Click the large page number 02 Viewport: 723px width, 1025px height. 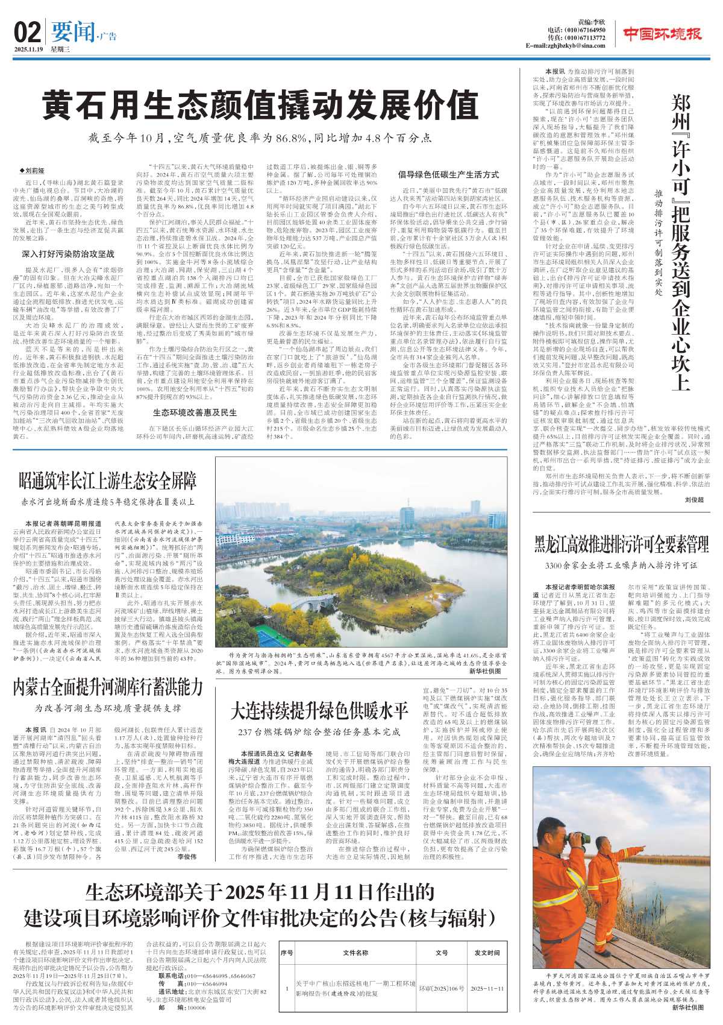pos(27,31)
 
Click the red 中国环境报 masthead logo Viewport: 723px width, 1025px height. pos(662,34)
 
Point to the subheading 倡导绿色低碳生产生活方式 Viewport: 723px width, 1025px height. pos(448,175)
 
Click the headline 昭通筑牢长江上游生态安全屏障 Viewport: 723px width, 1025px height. pos(108,481)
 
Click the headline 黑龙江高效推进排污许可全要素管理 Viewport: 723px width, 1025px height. pos(621,545)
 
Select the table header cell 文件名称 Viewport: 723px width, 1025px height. pos(355,953)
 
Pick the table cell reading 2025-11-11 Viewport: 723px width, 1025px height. pos(487,989)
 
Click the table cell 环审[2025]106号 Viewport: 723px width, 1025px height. pos(442,989)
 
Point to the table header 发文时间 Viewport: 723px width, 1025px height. pos(487,953)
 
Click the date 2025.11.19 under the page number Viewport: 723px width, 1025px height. pos(28,49)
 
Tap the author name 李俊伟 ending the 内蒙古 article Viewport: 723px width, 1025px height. pos(187,856)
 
